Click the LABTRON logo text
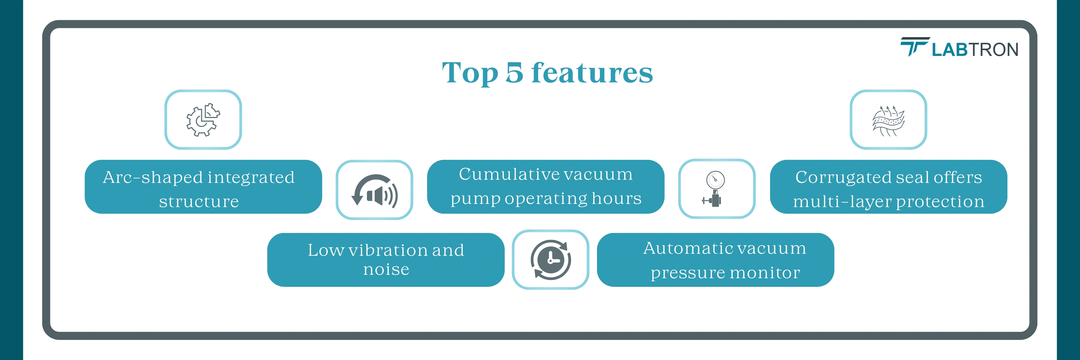pyautogui.click(x=975, y=50)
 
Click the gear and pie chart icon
pyautogui.click(x=203, y=120)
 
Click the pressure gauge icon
pyautogui.click(x=715, y=189)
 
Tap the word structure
pyautogui.click(x=199, y=202)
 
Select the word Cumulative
pyautogui.click(x=507, y=174)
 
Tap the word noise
pyautogui.click(x=386, y=270)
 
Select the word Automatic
pyautogui.click(x=687, y=248)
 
